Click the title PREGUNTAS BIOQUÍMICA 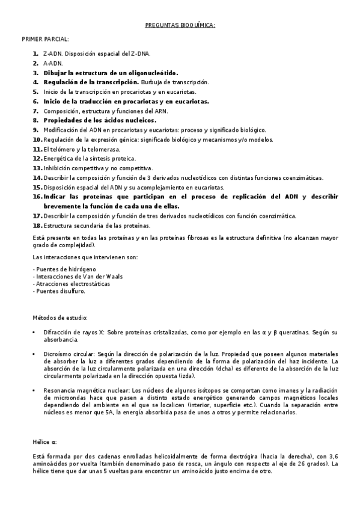click(x=180, y=26)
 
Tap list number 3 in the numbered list click(x=36, y=72)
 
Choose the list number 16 click(x=37, y=197)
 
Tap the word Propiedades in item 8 click(x=66, y=120)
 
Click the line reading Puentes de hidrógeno click(x=58, y=268)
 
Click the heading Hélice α click(x=44, y=441)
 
